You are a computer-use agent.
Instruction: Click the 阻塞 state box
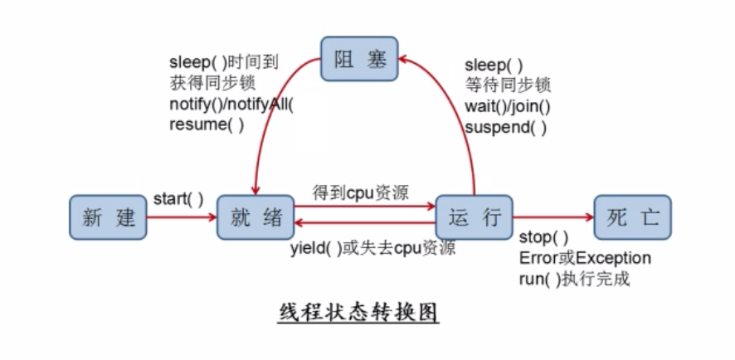click(359, 58)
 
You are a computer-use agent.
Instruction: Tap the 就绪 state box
click(255, 217)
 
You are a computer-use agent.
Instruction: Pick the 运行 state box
click(475, 217)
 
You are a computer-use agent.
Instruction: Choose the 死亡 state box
click(633, 217)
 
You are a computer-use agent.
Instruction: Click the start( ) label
click(178, 199)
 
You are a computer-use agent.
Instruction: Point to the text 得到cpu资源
click(360, 192)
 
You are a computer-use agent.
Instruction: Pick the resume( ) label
click(207, 125)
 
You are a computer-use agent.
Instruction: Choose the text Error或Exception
click(585, 258)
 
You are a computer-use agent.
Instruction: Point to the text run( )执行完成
click(574, 279)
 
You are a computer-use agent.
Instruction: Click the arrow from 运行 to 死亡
click(553, 217)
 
